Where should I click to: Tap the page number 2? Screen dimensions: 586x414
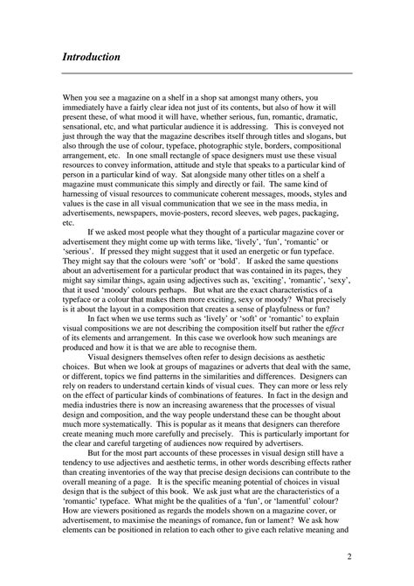click(348, 556)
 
